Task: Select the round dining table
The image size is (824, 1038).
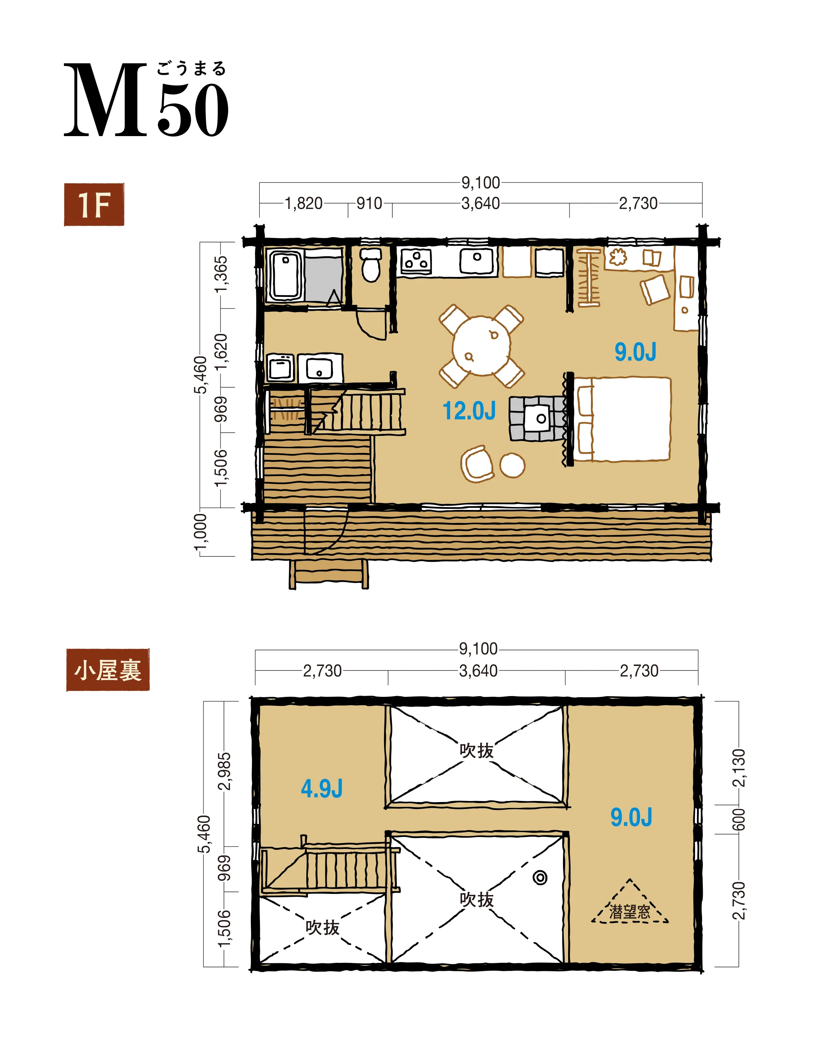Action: [481, 345]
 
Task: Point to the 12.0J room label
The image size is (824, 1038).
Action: [469, 411]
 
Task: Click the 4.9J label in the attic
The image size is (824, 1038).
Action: [322, 789]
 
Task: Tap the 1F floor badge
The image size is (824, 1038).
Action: [94, 205]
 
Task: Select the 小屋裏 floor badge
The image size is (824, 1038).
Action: [108, 670]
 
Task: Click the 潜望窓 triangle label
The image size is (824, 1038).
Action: [629, 911]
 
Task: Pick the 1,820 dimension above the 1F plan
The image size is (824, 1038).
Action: [303, 204]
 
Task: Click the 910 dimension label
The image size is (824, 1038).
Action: [370, 204]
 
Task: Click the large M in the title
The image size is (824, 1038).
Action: [106, 100]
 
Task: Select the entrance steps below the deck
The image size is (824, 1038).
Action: [329, 574]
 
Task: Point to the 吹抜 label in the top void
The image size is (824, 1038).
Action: [476, 751]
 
